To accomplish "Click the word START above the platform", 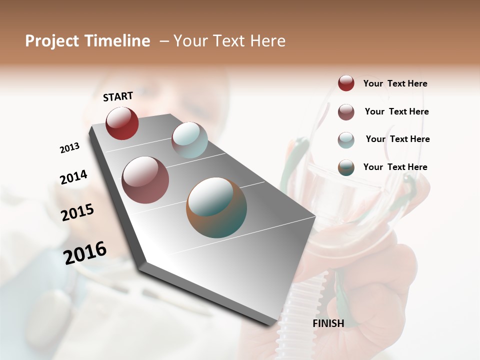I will pyautogui.click(x=118, y=96).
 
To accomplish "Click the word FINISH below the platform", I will pyautogui.click(x=328, y=323).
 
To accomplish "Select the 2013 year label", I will pyautogui.click(x=69, y=148).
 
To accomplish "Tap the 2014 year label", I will pyautogui.click(x=73, y=177).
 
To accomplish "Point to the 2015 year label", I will pyautogui.click(x=77, y=212).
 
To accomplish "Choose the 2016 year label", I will pyautogui.click(x=85, y=253).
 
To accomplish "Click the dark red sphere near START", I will pyautogui.click(x=122, y=123).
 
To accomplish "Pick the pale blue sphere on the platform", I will pyautogui.click(x=189, y=140).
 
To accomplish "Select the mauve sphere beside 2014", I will pyautogui.click(x=145, y=180).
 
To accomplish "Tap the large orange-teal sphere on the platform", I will pyautogui.click(x=216, y=207).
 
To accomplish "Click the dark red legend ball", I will pyautogui.click(x=346, y=83).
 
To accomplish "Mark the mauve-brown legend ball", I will pyautogui.click(x=346, y=112).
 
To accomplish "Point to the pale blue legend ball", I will pyautogui.click(x=346, y=140).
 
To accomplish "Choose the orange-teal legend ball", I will pyautogui.click(x=346, y=168).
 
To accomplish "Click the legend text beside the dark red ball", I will pyautogui.click(x=395, y=84).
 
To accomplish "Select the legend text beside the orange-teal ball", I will pyautogui.click(x=395, y=167).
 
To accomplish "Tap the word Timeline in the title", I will pyautogui.click(x=117, y=41).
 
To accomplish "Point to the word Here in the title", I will pyautogui.click(x=267, y=41).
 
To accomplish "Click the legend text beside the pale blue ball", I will pyautogui.click(x=398, y=139).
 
